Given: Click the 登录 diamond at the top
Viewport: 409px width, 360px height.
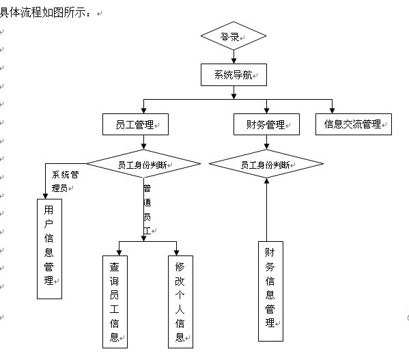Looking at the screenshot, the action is tap(234, 36).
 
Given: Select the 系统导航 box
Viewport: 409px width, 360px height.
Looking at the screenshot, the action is tap(234, 74).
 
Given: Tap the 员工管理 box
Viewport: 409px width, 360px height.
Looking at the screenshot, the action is tap(135, 124).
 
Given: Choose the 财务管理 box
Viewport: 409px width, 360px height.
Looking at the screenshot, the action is tap(266, 124).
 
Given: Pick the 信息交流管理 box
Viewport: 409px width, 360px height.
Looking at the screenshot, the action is tap(354, 124).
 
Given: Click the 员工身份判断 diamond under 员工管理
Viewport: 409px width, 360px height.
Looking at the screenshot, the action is tap(143, 164).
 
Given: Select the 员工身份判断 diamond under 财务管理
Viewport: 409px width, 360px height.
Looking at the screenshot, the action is tap(266, 164).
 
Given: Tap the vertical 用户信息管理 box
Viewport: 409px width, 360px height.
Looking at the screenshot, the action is tap(50, 249).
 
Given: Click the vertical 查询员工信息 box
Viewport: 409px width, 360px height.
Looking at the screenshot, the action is tap(115, 302).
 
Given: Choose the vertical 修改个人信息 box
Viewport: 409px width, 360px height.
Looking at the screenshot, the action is tap(180, 302).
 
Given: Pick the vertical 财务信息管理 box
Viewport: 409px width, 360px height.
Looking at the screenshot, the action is tap(270, 291).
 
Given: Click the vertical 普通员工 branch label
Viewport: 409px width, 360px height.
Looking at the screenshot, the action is tap(147, 210).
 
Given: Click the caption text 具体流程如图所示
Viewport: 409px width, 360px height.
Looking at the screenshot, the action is tap(43, 12).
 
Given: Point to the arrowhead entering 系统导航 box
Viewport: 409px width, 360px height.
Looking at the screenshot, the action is tap(234, 61).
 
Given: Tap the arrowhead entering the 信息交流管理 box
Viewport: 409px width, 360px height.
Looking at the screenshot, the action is tap(332, 111).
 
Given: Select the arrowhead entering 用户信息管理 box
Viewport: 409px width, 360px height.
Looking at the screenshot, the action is tap(45, 196).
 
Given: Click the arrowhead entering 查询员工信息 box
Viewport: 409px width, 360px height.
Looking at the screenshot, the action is tap(119, 253).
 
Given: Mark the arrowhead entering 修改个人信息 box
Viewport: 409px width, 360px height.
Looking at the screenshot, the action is tap(177, 253).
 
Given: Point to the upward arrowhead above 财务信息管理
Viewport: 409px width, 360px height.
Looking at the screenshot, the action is tap(266, 181).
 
